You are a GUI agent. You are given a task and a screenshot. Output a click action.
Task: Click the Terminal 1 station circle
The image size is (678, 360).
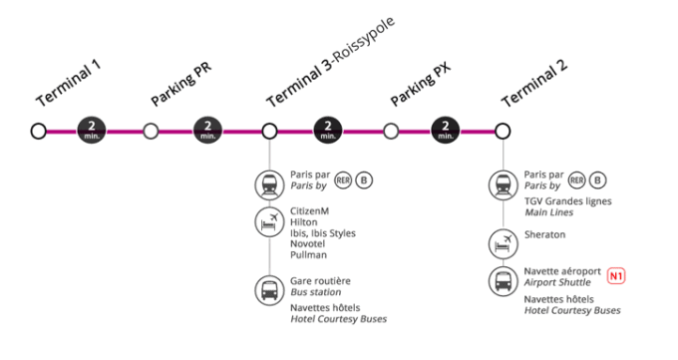39,131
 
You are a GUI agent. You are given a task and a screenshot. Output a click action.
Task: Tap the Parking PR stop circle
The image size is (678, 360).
151,131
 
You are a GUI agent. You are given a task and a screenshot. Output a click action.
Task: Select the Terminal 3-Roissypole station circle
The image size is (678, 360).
269,131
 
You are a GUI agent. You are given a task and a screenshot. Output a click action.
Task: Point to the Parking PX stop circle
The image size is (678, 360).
391,131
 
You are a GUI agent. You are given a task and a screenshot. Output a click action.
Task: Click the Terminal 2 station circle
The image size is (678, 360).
503,131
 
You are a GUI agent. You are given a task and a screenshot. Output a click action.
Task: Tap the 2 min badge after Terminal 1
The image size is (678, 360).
92,131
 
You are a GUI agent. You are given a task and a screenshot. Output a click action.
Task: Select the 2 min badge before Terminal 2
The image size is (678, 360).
446,131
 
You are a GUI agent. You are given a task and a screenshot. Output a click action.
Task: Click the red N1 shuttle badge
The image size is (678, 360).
616,276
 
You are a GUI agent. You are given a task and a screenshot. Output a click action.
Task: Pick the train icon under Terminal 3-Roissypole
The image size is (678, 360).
269,185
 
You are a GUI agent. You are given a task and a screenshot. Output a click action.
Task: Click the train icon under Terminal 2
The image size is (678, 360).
504,185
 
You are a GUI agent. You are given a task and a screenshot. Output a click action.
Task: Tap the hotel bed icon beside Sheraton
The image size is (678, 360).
504,244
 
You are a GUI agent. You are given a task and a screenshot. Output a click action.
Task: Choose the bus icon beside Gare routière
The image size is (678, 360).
269,291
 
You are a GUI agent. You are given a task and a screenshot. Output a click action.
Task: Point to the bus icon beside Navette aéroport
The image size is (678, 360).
504,281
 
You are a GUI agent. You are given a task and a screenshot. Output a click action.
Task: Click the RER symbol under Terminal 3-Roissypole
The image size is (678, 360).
343,180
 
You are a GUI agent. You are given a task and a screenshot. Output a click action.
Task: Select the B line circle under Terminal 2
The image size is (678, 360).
598,180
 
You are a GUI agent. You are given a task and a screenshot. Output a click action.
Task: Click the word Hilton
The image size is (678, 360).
303,222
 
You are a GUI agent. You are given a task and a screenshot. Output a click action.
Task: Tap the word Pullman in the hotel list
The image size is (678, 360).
308,255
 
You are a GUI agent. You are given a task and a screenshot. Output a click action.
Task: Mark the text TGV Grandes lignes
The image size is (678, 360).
567,201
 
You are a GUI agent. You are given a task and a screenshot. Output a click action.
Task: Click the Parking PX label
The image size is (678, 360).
421,84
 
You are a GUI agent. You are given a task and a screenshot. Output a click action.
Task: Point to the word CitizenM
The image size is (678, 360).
310,211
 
